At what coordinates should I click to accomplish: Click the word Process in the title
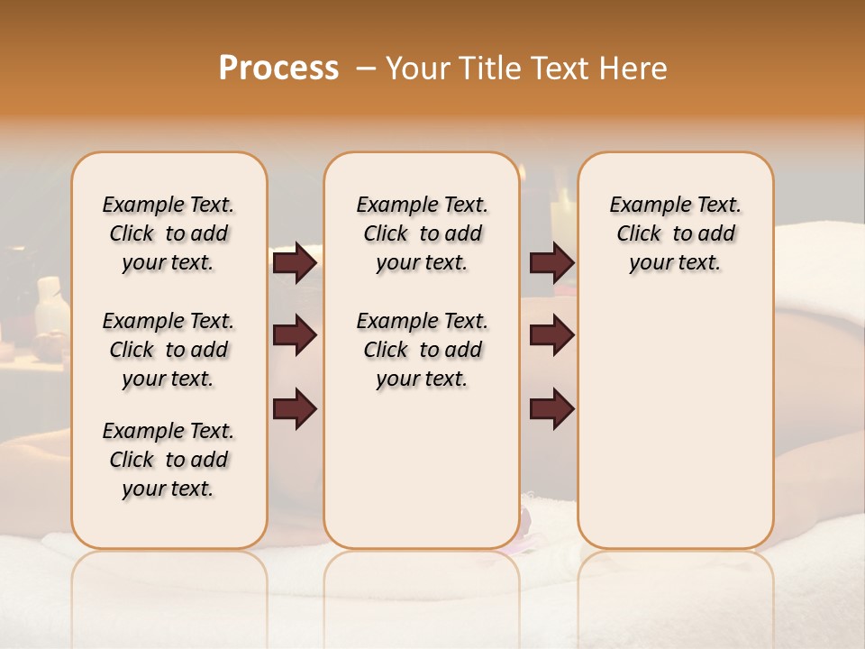[x=278, y=69]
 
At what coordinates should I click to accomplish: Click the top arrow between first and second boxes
[x=295, y=262]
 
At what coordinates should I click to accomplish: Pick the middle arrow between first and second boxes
[x=295, y=336]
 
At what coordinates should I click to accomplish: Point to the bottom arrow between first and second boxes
[x=295, y=408]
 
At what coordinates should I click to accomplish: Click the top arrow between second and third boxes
[x=551, y=262]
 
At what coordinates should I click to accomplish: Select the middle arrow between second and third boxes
[x=551, y=336]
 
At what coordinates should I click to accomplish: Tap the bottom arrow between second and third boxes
[x=551, y=408]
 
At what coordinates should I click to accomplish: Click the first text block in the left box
[x=168, y=233]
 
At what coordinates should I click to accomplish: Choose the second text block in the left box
[x=168, y=350]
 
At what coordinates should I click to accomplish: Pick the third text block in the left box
[x=168, y=460]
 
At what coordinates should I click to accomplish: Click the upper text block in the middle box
[x=422, y=233]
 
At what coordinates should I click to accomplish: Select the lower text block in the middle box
[x=422, y=350]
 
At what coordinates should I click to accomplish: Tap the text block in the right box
[x=675, y=233]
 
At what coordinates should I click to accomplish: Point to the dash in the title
[x=366, y=69]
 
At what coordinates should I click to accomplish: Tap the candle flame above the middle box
[x=521, y=171]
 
